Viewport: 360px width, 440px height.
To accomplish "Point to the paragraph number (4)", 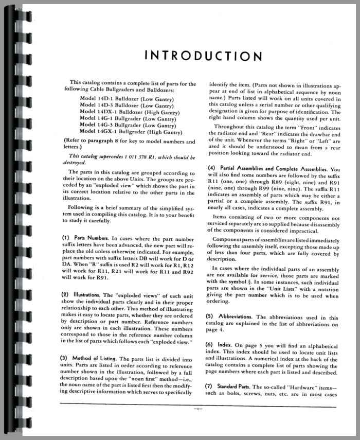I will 212,168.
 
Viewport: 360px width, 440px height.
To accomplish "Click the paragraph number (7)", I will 212,385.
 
